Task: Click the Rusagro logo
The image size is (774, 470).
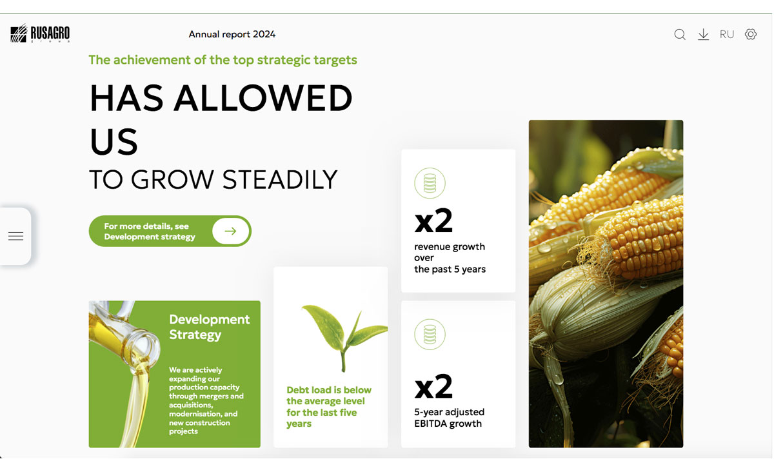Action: [x=40, y=34]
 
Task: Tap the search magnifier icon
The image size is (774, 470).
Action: [x=680, y=34]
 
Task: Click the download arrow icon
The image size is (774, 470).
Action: [x=703, y=35]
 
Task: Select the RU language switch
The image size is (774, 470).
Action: [x=727, y=34]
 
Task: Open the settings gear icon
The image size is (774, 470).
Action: [x=751, y=34]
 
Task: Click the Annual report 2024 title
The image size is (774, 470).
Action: [x=232, y=34]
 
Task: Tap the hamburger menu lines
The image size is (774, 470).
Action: [x=16, y=236]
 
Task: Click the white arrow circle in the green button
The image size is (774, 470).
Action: [x=230, y=231]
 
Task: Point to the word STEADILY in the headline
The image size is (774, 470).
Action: [x=279, y=180]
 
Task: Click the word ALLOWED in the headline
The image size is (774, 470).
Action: [x=263, y=98]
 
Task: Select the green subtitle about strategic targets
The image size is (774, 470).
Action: [x=223, y=60]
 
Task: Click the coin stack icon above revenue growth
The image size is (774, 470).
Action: [x=430, y=183]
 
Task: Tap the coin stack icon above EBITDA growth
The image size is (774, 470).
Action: [x=430, y=334]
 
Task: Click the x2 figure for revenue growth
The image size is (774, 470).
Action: [x=433, y=220]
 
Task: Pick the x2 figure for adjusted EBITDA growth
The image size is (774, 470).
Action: [x=433, y=386]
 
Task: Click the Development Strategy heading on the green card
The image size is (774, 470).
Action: [x=210, y=327]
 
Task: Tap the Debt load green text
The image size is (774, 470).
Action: [x=328, y=407]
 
